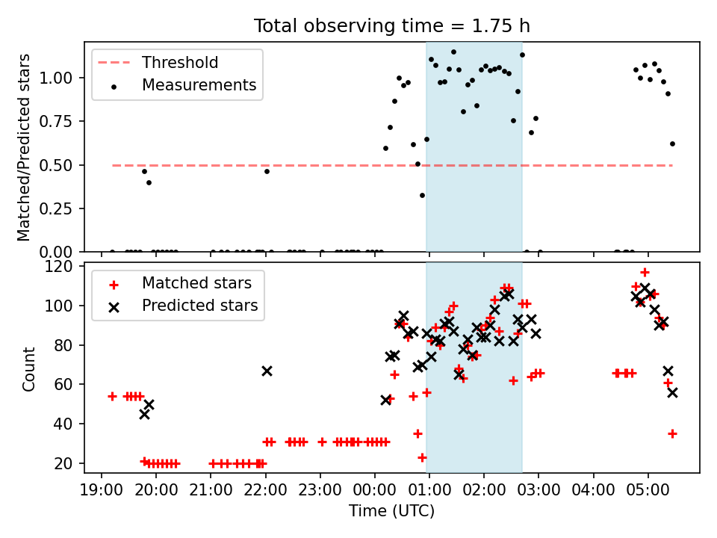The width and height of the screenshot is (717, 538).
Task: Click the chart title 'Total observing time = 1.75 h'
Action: [x=392, y=26]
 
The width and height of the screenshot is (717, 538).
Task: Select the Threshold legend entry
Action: [x=158, y=63]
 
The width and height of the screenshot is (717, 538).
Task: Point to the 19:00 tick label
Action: [x=102, y=490]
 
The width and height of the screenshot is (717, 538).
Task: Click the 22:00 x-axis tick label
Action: [x=265, y=490]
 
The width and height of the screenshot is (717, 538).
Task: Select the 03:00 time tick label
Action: [x=538, y=490]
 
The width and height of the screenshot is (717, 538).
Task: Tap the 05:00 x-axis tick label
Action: [x=648, y=490]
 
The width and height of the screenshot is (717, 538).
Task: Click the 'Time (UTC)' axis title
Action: [x=391, y=511]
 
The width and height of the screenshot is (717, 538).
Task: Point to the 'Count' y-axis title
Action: [x=29, y=368]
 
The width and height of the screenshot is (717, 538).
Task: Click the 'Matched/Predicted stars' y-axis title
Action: [x=24, y=147]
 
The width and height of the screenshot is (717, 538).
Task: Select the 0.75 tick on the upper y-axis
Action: [x=55, y=121]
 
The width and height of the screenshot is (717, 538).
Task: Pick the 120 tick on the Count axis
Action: [x=58, y=266]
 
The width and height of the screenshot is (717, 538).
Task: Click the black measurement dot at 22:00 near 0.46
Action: [x=267, y=172]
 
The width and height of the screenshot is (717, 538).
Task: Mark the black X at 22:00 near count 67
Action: [x=267, y=371]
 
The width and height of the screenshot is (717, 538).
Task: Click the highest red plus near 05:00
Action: [x=645, y=273]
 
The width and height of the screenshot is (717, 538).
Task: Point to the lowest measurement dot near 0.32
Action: [x=422, y=195]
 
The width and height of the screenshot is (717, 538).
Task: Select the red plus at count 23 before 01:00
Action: [x=422, y=457]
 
